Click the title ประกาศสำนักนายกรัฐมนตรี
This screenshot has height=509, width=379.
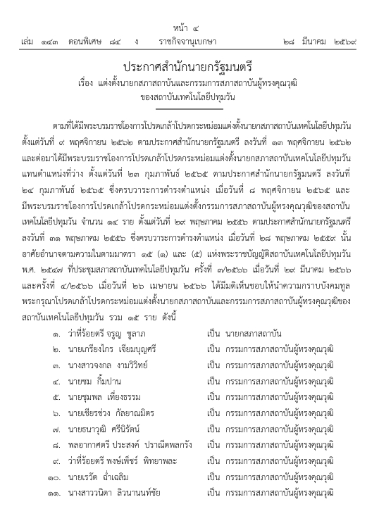[189, 66]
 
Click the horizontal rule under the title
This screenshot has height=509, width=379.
[189, 108]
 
